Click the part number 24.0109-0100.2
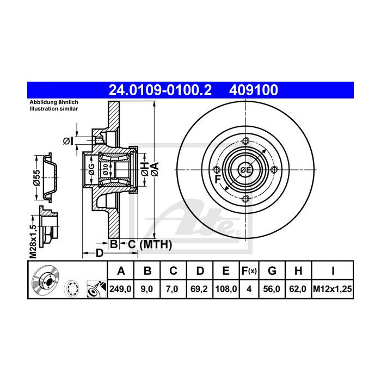(160, 89)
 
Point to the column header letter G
(273, 271)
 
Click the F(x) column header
(249, 271)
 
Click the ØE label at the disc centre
(245, 170)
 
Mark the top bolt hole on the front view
(245, 142)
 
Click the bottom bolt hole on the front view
(245, 199)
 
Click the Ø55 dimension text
(34, 179)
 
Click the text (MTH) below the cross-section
(156, 245)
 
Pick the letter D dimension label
(99, 253)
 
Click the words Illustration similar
(53, 109)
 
